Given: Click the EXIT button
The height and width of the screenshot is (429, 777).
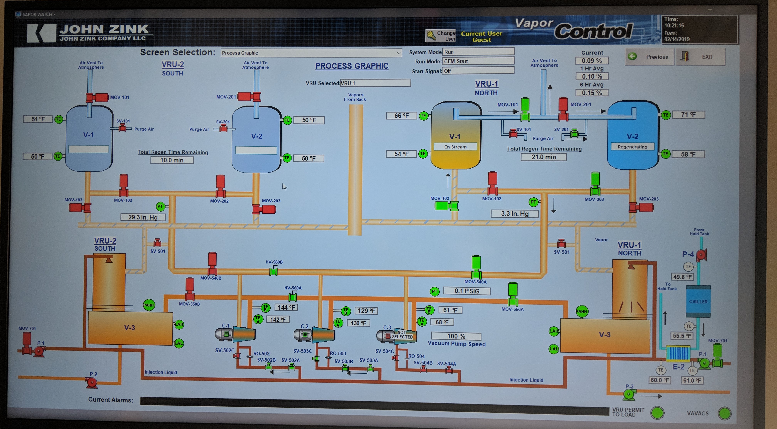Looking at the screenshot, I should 700,57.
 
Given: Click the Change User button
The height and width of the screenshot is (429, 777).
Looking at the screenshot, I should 441,36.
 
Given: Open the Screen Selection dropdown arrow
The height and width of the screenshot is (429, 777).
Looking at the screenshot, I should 399,53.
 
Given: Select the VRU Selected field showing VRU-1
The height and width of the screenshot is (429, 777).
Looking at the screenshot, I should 375,83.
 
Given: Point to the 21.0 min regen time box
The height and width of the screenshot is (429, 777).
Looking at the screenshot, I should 544,157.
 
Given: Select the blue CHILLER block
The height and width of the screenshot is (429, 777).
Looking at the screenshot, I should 698,301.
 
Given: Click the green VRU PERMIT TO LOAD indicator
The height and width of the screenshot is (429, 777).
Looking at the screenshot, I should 657,413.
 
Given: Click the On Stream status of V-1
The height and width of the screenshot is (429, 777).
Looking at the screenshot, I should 455,147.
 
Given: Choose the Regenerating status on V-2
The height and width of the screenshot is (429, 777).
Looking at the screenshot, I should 632,147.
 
